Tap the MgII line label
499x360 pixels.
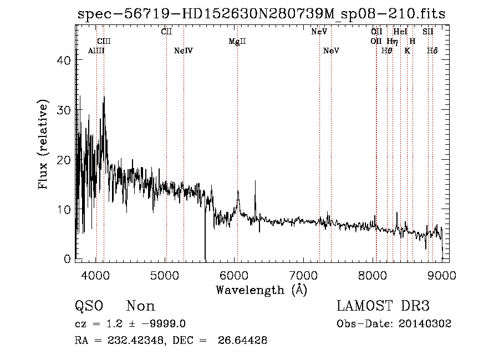coord(237,42)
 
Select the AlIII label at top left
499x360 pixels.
coord(96,51)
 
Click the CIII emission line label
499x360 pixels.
coord(104,41)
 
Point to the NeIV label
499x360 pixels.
coord(183,51)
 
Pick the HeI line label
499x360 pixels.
coord(400,32)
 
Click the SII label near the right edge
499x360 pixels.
coord(428,32)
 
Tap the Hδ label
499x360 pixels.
coord(432,51)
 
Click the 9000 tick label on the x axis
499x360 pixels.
coord(442,275)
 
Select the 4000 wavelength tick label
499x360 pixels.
coord(96,275)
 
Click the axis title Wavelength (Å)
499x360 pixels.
coord(261,290)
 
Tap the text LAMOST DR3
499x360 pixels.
coord(383,306)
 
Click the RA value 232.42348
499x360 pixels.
coord(130,341)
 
